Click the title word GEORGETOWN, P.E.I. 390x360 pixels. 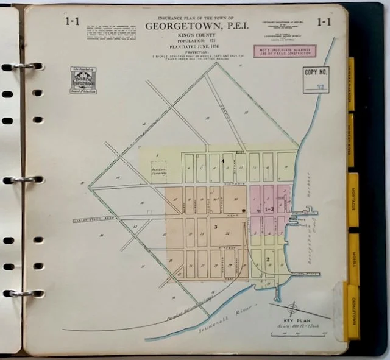[194, 27]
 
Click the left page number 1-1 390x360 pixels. [73, 22]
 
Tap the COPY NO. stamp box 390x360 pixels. [316, 80]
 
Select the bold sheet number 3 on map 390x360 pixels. [216, 226]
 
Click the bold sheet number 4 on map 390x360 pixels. [223, 160]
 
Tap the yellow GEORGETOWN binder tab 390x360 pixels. [353, 311]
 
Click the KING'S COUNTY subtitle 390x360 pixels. [194, 37]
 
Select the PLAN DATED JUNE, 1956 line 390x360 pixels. [194, 49]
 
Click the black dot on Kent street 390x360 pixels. [243, 210]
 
